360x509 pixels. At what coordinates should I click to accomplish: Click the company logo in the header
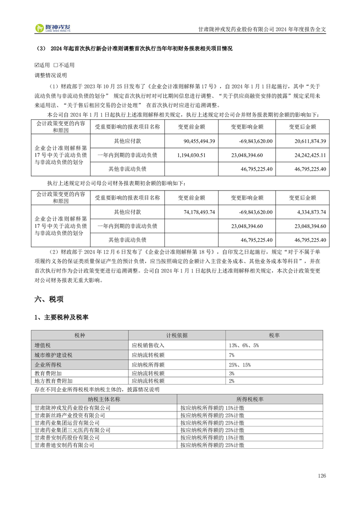click(x=54, y=28)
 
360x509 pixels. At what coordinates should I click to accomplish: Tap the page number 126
click(x=322, y=476)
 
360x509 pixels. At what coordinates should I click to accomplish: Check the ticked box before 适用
click(x=37, y=65)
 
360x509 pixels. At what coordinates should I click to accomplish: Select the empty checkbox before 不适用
click(x=55, y=65)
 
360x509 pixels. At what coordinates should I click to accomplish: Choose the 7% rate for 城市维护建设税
click(x=232, y=355)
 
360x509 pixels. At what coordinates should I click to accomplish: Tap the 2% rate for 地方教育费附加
click(x=232, y=381)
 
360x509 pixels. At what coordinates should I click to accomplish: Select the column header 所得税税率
click(x=250, y=399)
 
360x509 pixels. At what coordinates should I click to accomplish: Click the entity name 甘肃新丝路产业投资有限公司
click(x=70, y=415)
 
